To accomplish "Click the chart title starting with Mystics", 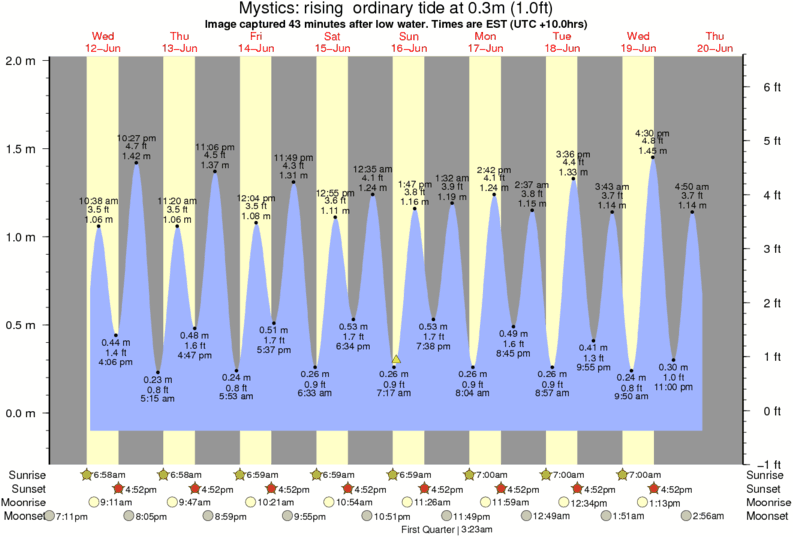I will [x=396, y=9].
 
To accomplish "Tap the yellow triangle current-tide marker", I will [x=397, y=358].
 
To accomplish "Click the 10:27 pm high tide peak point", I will [x=136, y=163].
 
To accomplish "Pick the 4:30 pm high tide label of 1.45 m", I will [x=652, y=141].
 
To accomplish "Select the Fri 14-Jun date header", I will [x=255, y=42].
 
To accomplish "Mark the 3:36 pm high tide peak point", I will [x=573, y=179].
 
